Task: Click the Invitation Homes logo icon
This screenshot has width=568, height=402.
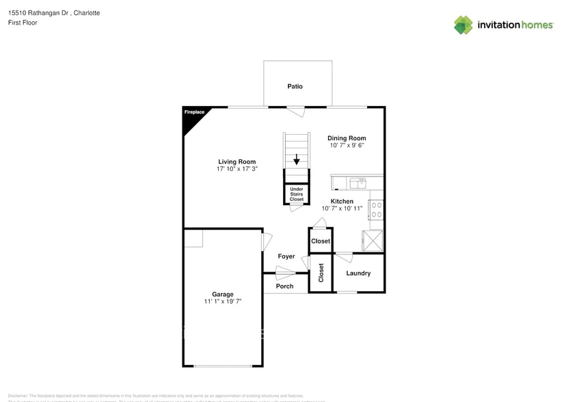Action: (463, 25)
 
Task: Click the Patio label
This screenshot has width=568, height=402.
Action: (295, 87)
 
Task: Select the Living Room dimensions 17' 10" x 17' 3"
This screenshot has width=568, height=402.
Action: (236, 169)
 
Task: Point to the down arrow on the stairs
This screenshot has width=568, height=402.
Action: (297, 161)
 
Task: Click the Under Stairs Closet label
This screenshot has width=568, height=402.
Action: (297, 194)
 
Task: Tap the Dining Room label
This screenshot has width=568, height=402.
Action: (347, 138)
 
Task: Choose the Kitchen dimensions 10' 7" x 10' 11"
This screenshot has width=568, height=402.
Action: (342, 209)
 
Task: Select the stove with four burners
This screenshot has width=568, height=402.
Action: (376, 209)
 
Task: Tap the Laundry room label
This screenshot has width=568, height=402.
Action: (358, 273)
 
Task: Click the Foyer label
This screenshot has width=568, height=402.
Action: (286, 256)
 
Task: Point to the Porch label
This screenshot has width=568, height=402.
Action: (284, 286)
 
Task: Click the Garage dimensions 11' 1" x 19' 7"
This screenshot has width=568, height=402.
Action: (223, 301)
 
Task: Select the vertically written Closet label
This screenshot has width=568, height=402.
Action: (321, 273)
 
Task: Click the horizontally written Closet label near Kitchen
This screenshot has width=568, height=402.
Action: (321, 241)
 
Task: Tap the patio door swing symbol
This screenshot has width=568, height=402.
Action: (295, 111)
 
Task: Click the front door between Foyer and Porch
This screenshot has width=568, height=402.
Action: (285, 275)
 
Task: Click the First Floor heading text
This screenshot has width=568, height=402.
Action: (23, 23)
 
